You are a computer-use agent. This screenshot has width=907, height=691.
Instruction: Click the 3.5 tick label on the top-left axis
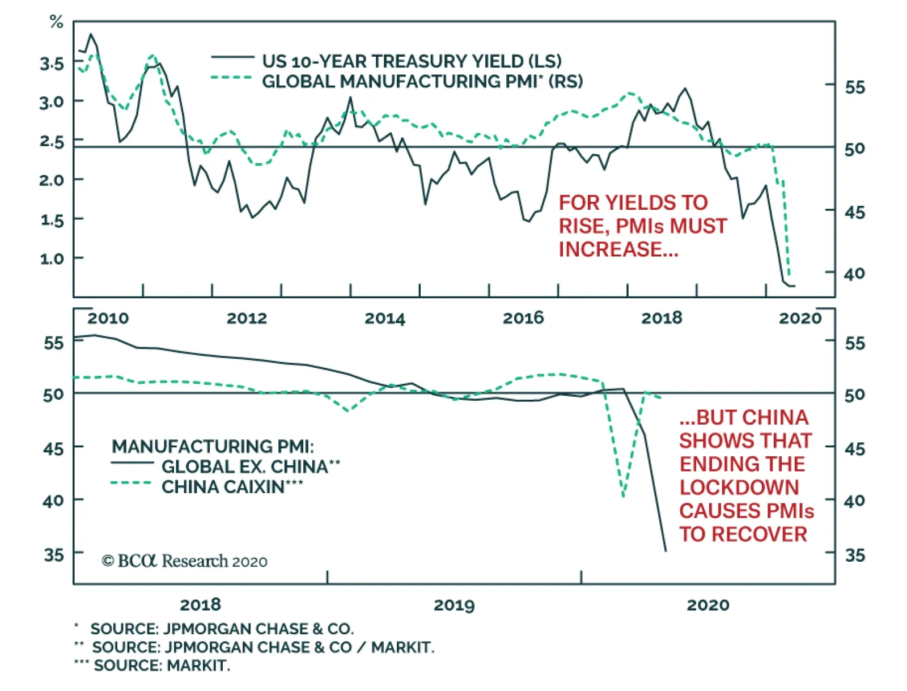click(x=52, y=63)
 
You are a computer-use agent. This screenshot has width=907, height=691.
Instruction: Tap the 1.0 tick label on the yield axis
click(x=52, y=259)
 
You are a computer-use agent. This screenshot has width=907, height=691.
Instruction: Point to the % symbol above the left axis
click(x=56, y=22)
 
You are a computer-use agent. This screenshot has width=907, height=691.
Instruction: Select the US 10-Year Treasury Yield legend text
click(x=411, y=61)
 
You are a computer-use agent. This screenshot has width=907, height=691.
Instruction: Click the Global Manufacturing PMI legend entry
click(x=422, y=81)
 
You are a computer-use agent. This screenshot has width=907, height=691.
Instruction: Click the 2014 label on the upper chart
click(x=385, y=318)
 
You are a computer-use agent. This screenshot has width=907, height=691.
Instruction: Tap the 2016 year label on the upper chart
click(x=523, y=318)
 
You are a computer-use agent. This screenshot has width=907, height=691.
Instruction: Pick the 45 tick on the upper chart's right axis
click(x=854, y=212)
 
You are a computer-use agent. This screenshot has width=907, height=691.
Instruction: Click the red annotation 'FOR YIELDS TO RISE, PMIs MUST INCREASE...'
click(x=642, y=226)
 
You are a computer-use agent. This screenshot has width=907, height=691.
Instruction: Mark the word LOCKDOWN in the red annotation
click(x=739, y=487)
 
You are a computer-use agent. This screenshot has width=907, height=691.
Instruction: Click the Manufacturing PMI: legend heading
click(x=213, y=446)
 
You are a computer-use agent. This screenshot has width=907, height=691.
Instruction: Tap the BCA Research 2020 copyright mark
click(x=184, y=561)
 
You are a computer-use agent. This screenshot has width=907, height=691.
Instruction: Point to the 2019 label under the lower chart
click(x=454, y=605)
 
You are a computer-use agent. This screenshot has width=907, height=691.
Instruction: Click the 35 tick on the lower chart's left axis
click(x=54, y=554)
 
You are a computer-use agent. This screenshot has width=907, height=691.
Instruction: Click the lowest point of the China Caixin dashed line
click(x=624, y=496)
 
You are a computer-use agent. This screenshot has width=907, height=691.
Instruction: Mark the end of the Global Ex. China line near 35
click(x=666, y=550)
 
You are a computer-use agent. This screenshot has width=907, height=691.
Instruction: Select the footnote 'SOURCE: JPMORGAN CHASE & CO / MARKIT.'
click(x=263, y=647)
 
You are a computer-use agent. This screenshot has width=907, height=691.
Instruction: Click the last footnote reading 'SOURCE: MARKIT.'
click(x=162, y=665)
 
